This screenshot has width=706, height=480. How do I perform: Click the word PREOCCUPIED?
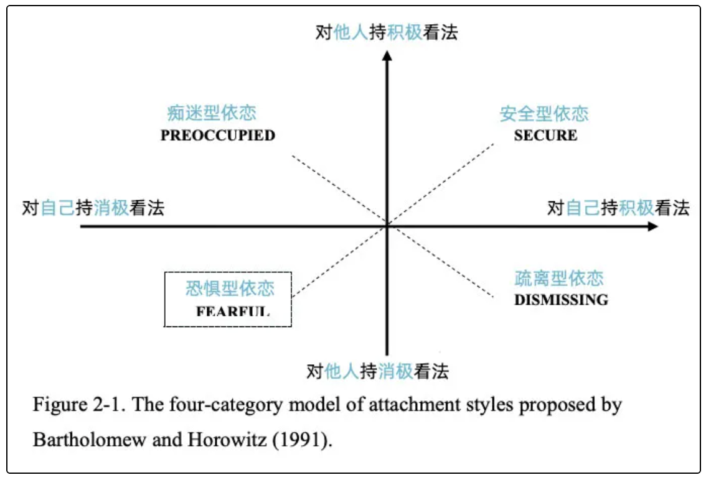[x=218, y=136]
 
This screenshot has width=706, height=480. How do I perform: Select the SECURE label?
[x=545, y=136]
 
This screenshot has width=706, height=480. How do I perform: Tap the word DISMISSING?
[x=561, y=300]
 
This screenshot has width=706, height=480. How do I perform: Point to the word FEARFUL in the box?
[x=233, y=311]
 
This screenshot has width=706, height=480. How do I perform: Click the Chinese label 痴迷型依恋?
[x=212, y=113]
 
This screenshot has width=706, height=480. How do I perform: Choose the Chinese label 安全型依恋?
[x=544, y=114]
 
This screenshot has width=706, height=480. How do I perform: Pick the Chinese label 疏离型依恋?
[x=559, y=278]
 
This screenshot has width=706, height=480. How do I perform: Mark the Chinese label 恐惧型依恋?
[x=230, y=288]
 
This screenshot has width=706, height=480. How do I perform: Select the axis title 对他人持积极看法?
[x=387, y=32]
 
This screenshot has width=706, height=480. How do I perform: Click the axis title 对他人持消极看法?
[x=377, y=372]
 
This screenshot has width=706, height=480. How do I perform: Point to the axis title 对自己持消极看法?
[x=93, y=208]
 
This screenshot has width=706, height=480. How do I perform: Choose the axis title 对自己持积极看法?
[x=618, y=208]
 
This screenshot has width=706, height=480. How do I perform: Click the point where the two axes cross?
[x=387, y=226]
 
